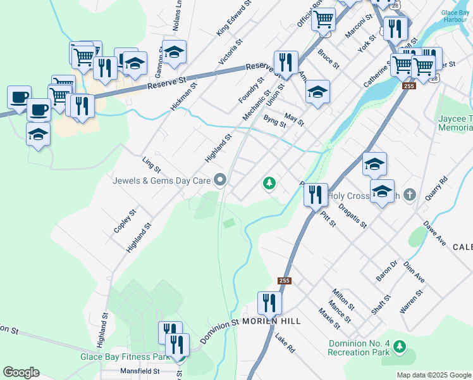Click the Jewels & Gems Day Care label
161,180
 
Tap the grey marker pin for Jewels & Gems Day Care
220,181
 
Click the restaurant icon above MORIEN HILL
269,303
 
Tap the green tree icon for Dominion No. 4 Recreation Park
399,346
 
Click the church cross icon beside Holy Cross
409,195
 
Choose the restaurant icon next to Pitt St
315,194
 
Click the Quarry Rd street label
436,188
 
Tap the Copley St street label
125,220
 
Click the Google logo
21,372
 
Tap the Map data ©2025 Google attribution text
433,375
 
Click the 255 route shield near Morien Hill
284,281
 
